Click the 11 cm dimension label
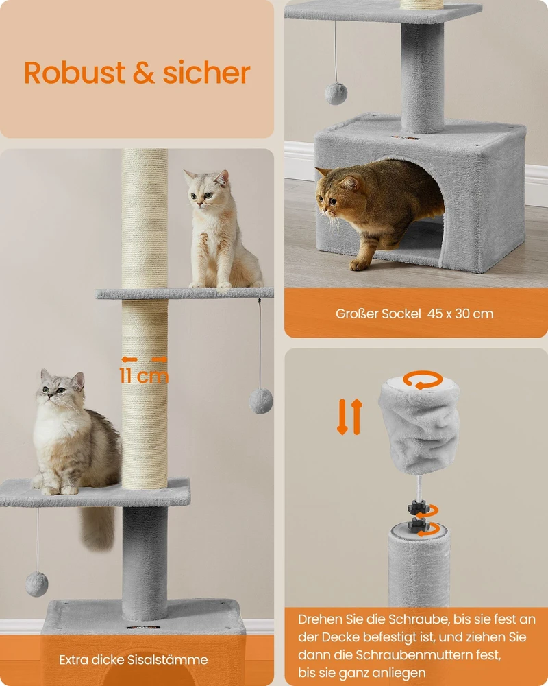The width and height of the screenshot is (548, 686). tap(144, 376)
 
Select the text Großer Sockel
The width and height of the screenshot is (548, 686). tap(378, 314)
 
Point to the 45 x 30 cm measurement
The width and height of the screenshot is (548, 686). tap(460, 314)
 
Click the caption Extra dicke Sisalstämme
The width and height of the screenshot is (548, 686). tap(134, 660)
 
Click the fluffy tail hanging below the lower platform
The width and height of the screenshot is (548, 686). tap(99, 528)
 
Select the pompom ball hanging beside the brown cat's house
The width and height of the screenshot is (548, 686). tap(336, 93)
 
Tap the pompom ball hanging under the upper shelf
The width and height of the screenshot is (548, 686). tap(261, 401)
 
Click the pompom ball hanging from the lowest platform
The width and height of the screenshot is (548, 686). tap(37, 584)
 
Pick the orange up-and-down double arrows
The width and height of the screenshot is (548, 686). tap(349, 416)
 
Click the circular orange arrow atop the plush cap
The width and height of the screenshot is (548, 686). tap(423, 380)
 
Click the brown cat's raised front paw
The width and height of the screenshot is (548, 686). tap(360, 264)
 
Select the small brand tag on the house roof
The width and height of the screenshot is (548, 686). tap(405, 138)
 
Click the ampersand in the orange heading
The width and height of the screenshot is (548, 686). tap(145, 73)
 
